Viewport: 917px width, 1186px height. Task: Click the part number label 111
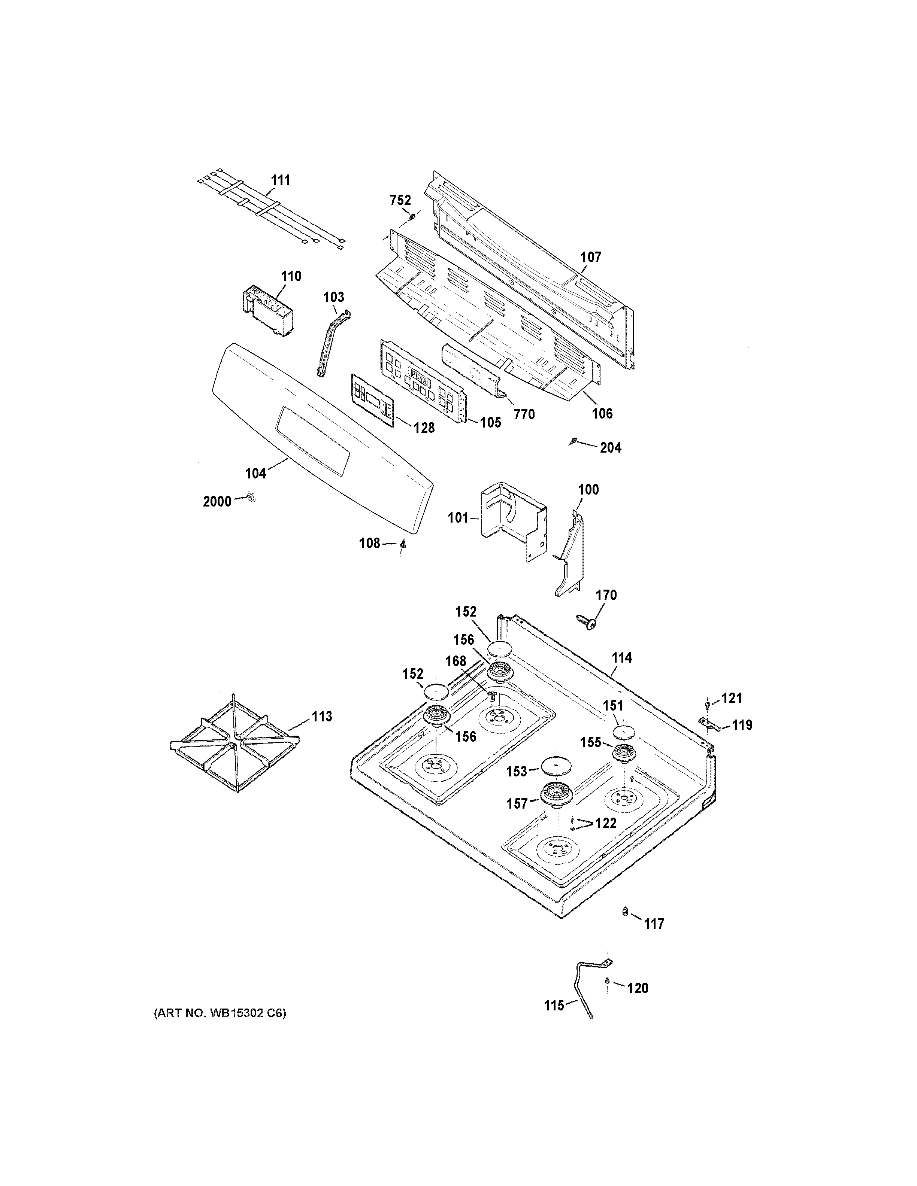coord(280,180)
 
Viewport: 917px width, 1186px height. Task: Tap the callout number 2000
coord(217,501)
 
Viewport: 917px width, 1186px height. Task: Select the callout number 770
coord(524,414)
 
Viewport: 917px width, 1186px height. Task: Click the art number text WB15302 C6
coord(220,1012)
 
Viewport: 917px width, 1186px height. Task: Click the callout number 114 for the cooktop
coord(621,658)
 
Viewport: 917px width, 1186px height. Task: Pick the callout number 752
coord(400,200)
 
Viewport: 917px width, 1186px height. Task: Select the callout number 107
coord(590,257)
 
